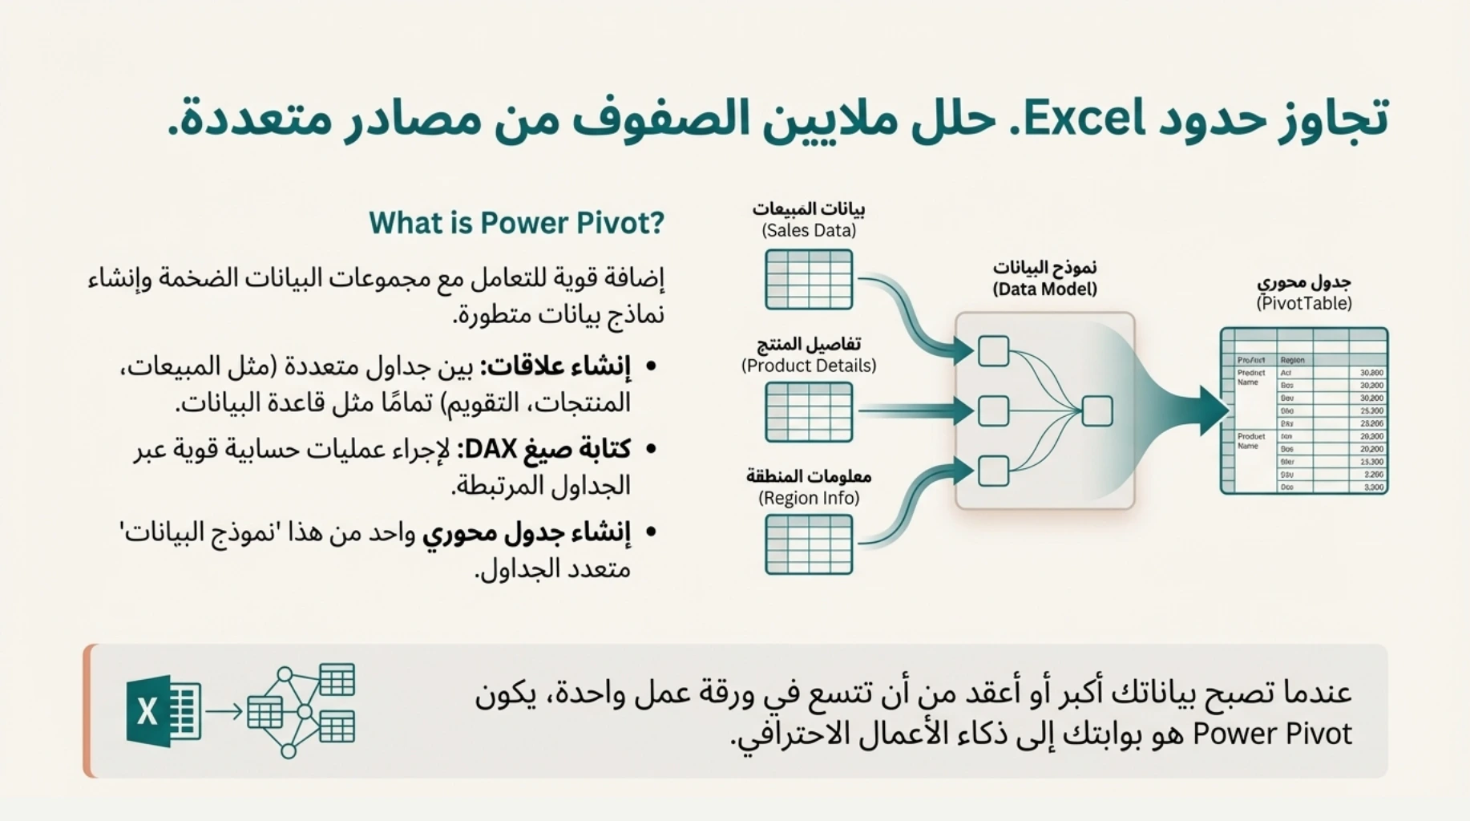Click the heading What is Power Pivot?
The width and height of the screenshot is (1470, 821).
(516, 223)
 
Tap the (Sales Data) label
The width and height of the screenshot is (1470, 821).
(809, 231)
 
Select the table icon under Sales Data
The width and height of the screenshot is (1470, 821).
(809, 279)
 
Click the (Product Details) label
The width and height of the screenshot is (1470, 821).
(809, 366)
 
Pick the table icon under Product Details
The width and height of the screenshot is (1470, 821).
(809, 412)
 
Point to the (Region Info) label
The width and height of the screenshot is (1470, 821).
(809, 498)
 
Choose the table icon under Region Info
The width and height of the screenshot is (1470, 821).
(809, 544)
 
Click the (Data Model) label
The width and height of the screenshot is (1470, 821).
(1044, 289)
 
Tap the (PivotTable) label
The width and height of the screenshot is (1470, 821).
(1304, 303)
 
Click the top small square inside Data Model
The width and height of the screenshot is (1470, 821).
(993, 351)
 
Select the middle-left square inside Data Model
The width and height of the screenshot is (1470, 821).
(993, 411)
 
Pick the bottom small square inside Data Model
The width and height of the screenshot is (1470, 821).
(993, 471)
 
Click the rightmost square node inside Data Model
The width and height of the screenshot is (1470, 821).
(1097, 411)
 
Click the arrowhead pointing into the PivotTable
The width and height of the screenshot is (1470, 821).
(1214, 410)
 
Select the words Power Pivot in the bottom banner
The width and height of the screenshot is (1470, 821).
(1272, 734)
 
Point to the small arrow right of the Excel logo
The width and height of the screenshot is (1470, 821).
(224, 710)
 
